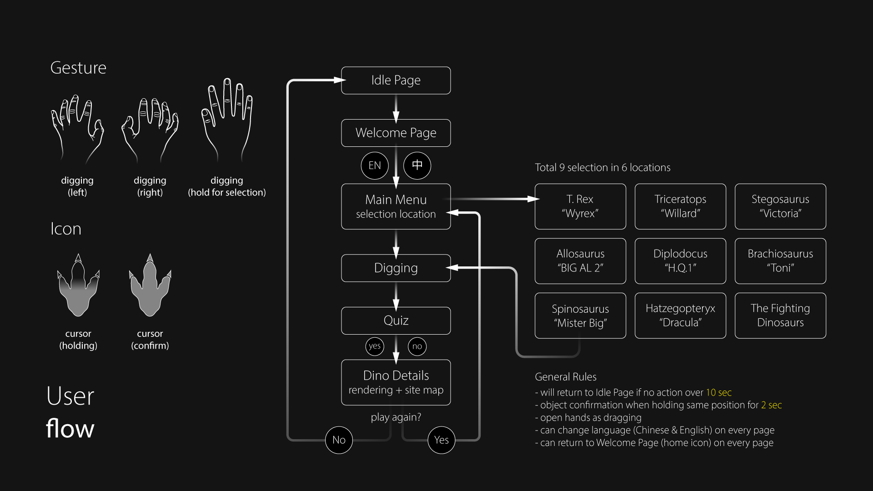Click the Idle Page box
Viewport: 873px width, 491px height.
click(396, 80)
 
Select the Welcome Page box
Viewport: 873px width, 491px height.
click(396, 133)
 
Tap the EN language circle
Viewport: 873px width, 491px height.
click(375, 165)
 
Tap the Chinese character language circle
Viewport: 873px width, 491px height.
click(417, 165)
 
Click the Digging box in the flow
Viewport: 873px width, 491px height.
click(396, 268)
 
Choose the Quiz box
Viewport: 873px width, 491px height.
click(396, 321)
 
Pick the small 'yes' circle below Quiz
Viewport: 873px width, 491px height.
click(375, 346)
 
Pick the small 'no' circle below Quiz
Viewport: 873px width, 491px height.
click(417, 346)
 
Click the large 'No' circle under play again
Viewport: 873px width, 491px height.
click(339, 440)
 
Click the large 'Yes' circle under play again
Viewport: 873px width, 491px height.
click(441, 440)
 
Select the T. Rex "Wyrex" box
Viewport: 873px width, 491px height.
click(580, 206)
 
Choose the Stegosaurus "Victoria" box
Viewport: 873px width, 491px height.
click(780, 206)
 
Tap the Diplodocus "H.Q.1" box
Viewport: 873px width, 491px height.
click(680, 261)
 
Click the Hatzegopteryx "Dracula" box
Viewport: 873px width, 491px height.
click(680, 316)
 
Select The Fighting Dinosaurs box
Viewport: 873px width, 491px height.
click(780, 316)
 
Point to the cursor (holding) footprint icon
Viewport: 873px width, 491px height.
click(78, 286)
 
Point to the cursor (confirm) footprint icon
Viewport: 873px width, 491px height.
click(150, 286)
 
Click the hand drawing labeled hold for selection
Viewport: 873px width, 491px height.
click(227, 120)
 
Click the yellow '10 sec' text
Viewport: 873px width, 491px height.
click(718, 392)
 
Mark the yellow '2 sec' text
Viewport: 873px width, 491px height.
click(771, 405)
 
